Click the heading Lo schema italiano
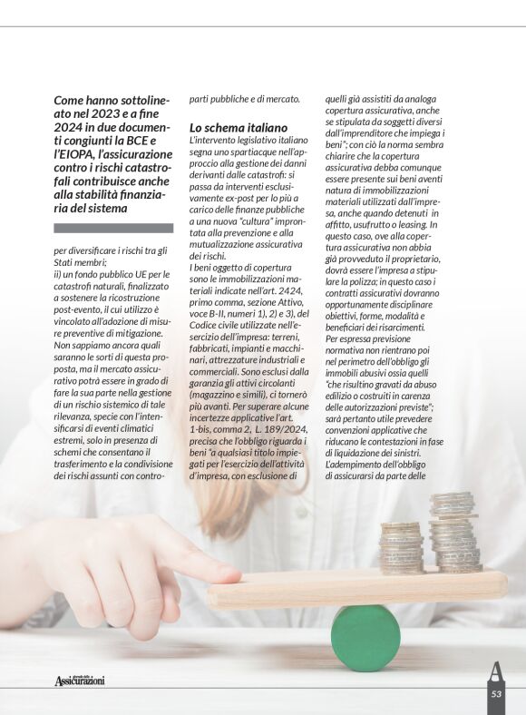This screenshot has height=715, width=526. click(238, 128)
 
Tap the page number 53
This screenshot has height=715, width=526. click(496, 693)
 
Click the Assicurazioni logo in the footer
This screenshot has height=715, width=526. click(79, 680)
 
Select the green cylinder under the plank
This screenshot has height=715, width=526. click(365, 637)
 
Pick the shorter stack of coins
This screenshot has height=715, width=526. click(400, 547)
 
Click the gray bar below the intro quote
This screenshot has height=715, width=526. click(112, 229)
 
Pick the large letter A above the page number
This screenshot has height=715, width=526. click(496, 671)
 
